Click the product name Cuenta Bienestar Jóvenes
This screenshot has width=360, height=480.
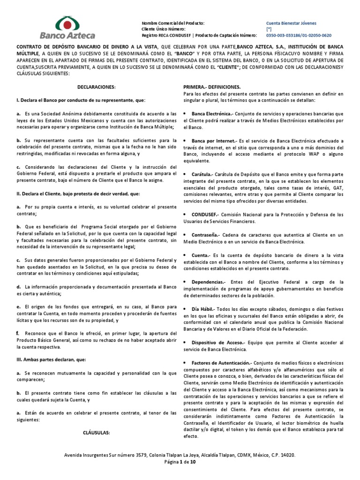pos(291,22)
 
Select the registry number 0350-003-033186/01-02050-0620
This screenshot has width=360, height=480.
pos(299,35)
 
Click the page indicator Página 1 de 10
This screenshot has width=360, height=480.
pos(180,462)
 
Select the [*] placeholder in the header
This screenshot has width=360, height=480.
pos(269,29)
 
